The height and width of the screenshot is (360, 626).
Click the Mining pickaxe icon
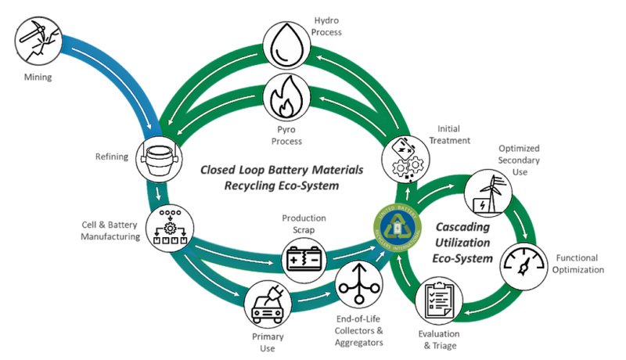pyautogui.click(x=38, y=37)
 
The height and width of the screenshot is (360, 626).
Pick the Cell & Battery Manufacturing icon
pyautogui.click(x=170, y=228)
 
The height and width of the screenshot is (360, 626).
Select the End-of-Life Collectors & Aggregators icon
pyautogui.click(x=358, y=285)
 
